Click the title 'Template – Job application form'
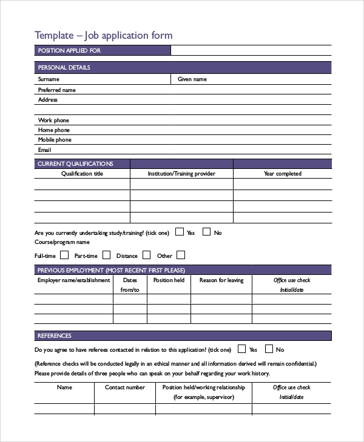click(x=103, y=35)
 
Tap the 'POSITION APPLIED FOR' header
click(x=69, y=51)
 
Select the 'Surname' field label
click(x=49, y=79)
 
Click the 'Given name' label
click(x=192, y=79)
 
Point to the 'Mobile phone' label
click(x=55, y=140)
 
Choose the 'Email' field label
click(x=44, y=150)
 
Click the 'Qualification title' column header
click(x=83, y=174)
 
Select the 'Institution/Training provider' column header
click(x=181, y=174)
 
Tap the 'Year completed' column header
click(x=282, y=174)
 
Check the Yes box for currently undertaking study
click(x=180, y=231)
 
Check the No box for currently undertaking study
click(x=207, y=231)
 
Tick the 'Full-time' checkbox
click(x=63, y=255)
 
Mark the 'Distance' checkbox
click(x=146, y=255)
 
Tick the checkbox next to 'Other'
click(x=181, y=255)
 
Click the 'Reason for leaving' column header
click(x=221, y=280)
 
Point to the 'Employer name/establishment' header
click(x=74, y=280)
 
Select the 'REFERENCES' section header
click(x=55, y=336)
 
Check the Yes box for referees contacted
click(x=242, y=349)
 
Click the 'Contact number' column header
click(x=125, y=388)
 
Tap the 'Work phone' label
click(x=53, y=120)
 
